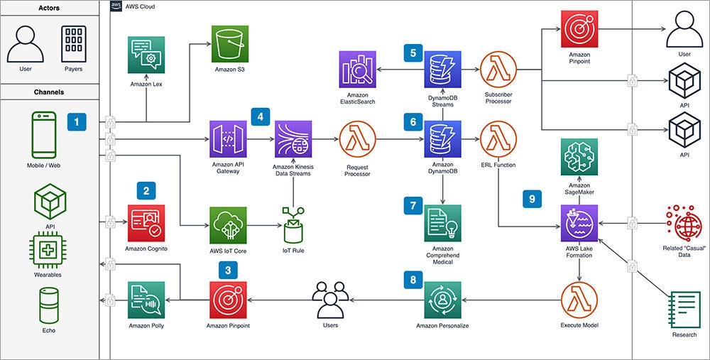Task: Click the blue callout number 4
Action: point(261,116)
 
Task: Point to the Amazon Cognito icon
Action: point(146,222)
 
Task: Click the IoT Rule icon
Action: point(293,225)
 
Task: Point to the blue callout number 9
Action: point(530,200)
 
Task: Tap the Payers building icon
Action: point(74,44)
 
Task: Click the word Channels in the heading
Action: point(49,92)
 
